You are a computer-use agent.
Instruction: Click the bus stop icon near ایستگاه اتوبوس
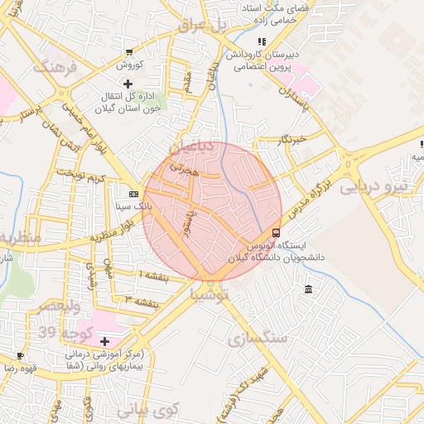pos(276,233)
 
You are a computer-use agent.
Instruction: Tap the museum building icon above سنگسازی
pos(308,289)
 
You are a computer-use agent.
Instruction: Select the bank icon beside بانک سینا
pos(133,193)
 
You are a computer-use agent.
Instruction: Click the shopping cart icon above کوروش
pos(129,51)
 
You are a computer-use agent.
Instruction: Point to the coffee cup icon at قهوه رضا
pos(20,355)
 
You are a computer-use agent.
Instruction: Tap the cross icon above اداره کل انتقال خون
pos(127,84)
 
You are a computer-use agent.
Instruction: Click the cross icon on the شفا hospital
pos(104,341)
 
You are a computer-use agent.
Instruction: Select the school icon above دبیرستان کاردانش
pos(262,41)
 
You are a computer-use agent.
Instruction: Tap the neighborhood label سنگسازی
pos(256,338)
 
